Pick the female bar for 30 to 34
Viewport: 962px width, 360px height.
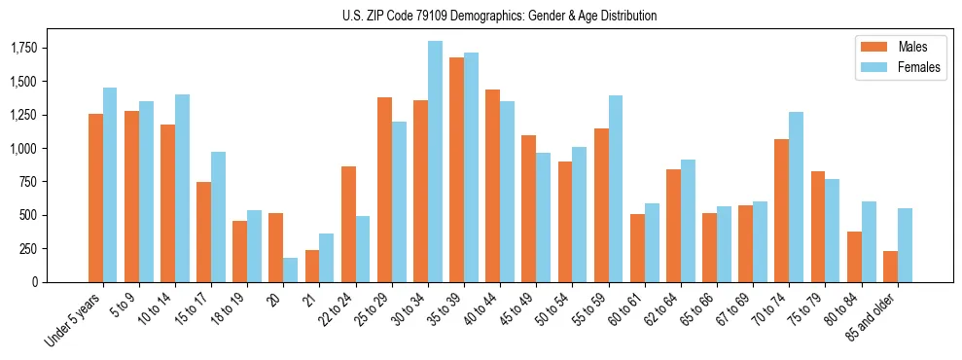435,162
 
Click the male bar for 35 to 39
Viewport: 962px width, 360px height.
456,170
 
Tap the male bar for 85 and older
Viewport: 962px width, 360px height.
890,267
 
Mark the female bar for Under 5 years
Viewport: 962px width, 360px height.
110,185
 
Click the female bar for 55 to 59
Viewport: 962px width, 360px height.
616,189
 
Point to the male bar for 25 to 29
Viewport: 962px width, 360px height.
384,190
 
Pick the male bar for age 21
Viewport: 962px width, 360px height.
312,266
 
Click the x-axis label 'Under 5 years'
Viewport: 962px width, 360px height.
74,320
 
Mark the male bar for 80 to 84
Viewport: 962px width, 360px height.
854,257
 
